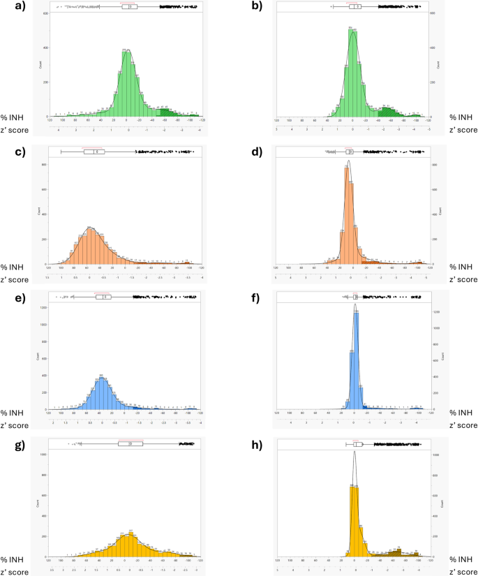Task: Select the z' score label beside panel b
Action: (463, 129)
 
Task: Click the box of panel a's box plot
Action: (129, 7)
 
